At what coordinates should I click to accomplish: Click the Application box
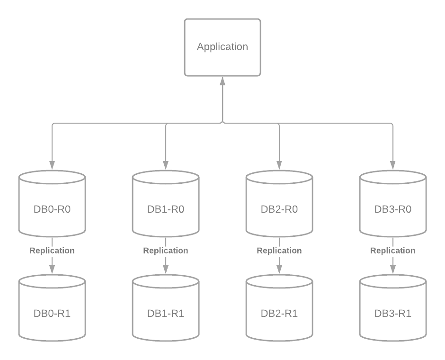pos(222,47)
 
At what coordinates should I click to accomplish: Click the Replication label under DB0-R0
pos(52,251)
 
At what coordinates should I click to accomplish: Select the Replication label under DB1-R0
pos(166,251)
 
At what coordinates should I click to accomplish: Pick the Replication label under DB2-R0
pos(279,251)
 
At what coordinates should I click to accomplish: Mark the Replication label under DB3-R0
pos(393,251)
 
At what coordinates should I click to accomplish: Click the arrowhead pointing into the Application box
pos(222,81)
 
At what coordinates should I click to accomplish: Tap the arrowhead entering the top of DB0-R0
pos(52,165)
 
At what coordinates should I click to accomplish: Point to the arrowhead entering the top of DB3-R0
pos(393,165)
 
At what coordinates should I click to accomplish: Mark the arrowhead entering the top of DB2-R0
pos(279,165)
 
